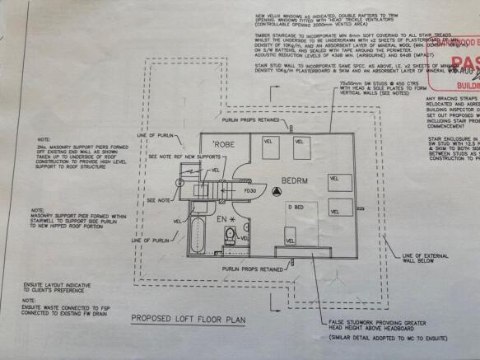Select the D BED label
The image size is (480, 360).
295,205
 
